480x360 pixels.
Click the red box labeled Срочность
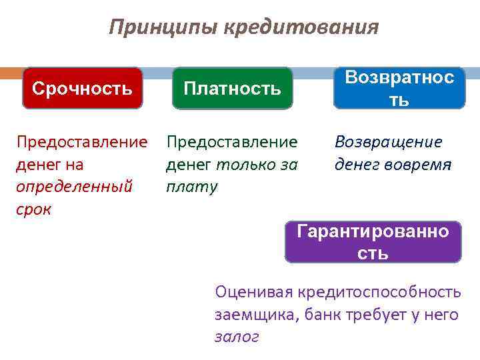click(x=83, y=88)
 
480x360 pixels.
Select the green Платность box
click(x=232, y=89)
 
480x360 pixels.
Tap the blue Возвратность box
click(x=399, y=88)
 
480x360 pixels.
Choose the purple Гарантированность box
click(x=373, y=242)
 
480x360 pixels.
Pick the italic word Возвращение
click(x=388, y=142)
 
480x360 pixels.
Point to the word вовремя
click(x=419, y=164)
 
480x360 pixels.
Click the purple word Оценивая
click(x=253, y=292)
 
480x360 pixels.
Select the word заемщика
click(x=257, y=315)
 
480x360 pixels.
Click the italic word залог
click(x=236, y=337)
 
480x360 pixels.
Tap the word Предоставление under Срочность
click(x=82, y=142)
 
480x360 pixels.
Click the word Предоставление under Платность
click(x=232, y=142)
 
